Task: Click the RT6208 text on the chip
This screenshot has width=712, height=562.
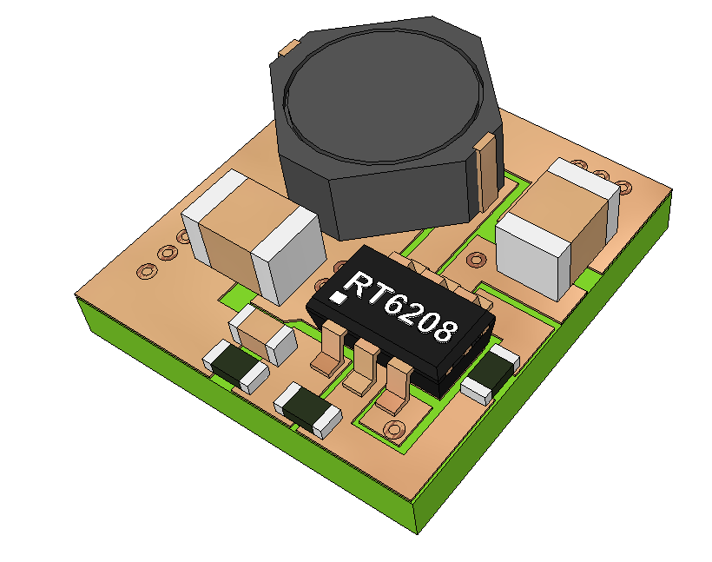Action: [x=402, y=308]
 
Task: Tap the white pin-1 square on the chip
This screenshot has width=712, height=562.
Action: [x=337, y=298]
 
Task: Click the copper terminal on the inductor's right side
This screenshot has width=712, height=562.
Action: [x=488, y=169]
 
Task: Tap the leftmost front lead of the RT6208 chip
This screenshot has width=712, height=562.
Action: [x=328, y=352]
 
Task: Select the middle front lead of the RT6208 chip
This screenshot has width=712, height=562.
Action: [x=360, y=367]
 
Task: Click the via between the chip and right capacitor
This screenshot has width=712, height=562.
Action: [x=476, y=259]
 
